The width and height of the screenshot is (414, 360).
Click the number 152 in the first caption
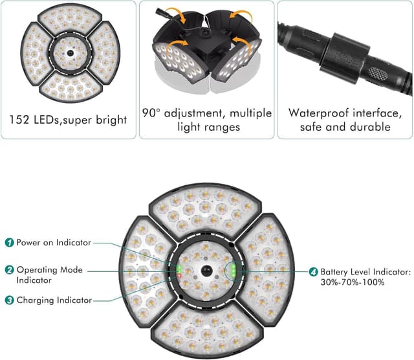21,120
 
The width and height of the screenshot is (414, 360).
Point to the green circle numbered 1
10,242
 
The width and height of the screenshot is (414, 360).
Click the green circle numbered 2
10,270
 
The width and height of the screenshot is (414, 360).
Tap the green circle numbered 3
10,300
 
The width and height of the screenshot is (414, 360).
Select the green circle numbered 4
313,272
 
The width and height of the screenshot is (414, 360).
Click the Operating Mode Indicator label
49,275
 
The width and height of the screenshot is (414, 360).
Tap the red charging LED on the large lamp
179,277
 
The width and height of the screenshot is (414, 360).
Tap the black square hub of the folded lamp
206,48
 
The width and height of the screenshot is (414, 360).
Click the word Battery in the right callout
340,272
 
